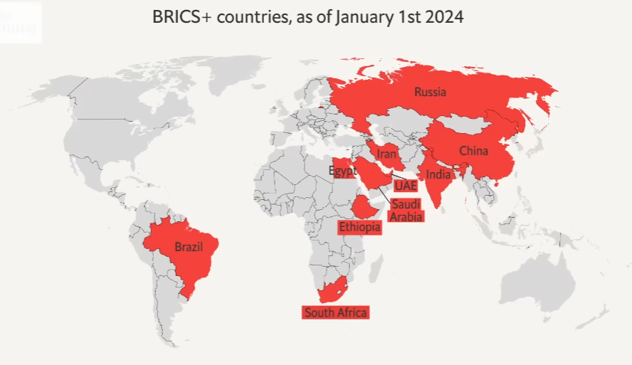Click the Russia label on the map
pos(430,92)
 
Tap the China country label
pos(473,151)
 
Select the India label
pos(438,174)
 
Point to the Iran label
pos(386,154)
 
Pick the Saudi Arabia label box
pos(406,211)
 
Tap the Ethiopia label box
pos(359,227)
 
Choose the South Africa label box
pos(335,312)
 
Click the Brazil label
pos(189,248)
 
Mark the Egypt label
pos(342,171)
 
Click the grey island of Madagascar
pos(375,271)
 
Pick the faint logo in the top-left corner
pos(20,20)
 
